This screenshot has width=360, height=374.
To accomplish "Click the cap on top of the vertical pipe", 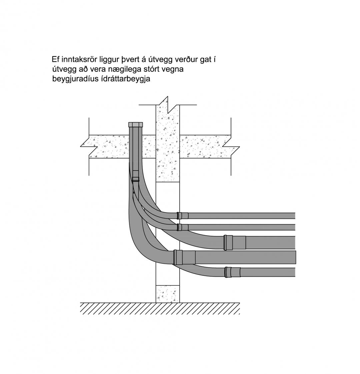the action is (x=136, y=125).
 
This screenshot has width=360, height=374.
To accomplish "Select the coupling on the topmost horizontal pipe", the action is (x=182, y=215).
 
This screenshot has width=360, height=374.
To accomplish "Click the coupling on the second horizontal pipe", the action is (x=182, y=227).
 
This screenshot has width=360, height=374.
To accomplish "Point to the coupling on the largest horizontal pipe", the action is (x=184, y=257).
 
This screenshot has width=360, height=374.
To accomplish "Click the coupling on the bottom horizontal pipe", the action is (x=232, y=272).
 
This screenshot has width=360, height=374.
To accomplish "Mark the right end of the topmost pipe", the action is (x=295, y=215).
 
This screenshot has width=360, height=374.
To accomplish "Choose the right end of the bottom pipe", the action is (x=295, y=272).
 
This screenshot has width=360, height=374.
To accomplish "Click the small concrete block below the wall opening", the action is (x=167, y=294).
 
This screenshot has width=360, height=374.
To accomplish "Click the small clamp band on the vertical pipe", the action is (x=136, y=180).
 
